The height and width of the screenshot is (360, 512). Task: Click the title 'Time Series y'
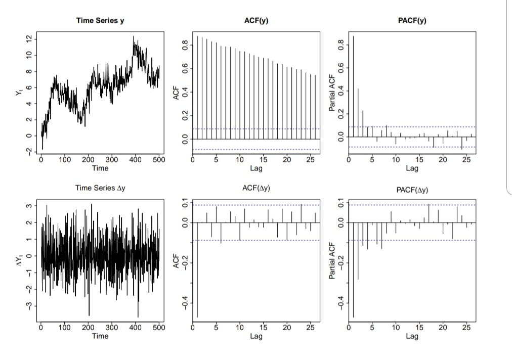(x=100, y=21)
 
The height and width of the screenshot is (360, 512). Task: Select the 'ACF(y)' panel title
(x=256, y=21)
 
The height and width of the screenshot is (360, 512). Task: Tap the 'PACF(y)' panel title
(x=412, y=21)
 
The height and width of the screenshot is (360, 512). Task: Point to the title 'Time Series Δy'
(x=100, y=188)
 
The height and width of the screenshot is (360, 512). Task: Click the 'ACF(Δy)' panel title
(x=256, y=188)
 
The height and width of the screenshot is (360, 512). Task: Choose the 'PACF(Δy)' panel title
(x=412, y=190)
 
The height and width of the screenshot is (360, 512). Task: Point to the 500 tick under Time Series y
(x=158, y=160)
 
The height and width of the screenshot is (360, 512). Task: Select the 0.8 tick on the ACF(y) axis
(x=185, y=46)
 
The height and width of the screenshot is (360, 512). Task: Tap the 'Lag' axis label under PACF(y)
(x=412, y=168)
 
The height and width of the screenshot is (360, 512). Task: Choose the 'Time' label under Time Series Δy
(x=100, y=336)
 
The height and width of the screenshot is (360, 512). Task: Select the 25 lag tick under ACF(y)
(x=310, y=160)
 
